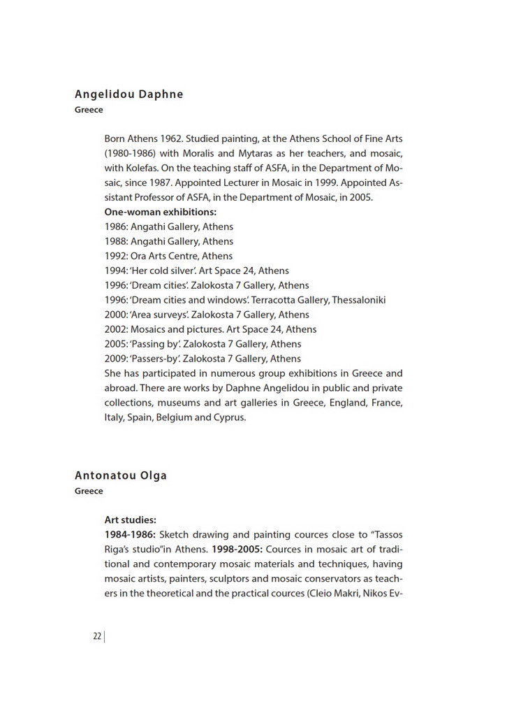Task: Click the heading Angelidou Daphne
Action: point(128,94)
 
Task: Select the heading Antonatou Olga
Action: point(121,475)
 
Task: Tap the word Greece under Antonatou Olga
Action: point(89,491)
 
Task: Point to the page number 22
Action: point(97,636)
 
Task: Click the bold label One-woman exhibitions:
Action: point(160,212)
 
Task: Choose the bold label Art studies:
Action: point(130,520)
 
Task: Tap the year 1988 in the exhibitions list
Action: point(115,241)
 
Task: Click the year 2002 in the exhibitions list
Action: point(115,329)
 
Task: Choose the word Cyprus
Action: point(229,417)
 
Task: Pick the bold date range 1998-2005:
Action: point(237,549)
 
